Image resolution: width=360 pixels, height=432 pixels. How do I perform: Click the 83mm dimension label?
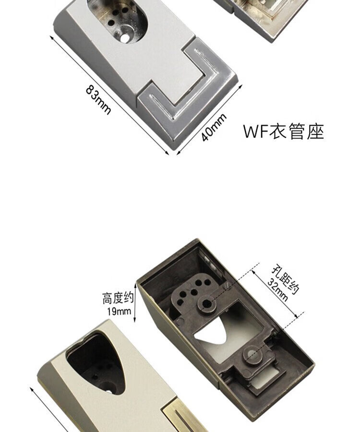point(99,100)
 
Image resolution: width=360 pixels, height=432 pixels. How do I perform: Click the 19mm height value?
point(119,311)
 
